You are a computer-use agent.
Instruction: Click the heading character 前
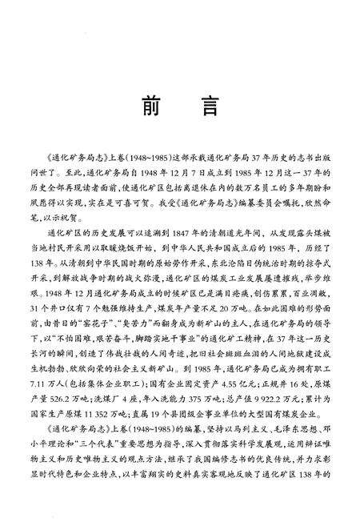tap(148, 108)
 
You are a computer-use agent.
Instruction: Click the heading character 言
tap(213, 108)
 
